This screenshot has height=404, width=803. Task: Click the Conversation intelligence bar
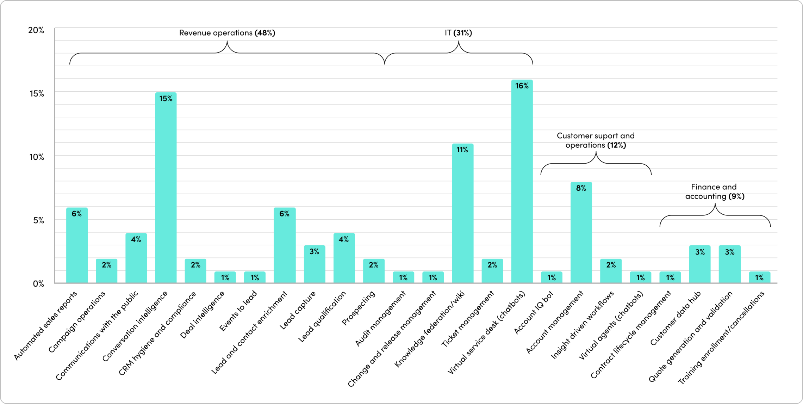pyautogui.click(x=166, y=190)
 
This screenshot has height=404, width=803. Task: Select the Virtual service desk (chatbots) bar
pyautogui.click(x=522, y=183)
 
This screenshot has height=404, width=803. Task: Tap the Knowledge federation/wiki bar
pyautogui.click(x=462, y=215)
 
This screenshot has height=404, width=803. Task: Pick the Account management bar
pyautogui.click(x=581, y=234)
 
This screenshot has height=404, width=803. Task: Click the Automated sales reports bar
pyautogui.click(x=77, y=247)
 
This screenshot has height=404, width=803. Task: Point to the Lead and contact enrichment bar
pyautogui.click(x=285, y=247)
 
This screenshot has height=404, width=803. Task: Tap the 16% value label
pyautogui.click(x=522, y=86)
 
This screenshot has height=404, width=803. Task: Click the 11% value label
pyautogui.click(x=462, y=150)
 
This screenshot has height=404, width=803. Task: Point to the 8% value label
pyautogui.click(x=581, y=188)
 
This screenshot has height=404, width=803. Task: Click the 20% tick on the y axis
pyautogui.click(x=36, y=30)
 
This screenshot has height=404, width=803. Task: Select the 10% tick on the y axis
pyautogui.click(x=36, y=157)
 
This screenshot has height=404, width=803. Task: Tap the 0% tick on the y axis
pyautogui.click(x=38, y=284)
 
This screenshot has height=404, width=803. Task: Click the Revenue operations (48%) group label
pyautogui.click(x=227, y=33)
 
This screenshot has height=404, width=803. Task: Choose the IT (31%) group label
pyautogui.click(x=458, y=33)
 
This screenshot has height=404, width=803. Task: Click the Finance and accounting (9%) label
pyautogui.click(x=715, y=191)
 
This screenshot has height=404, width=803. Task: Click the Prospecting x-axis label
pyautogui.click(x=359, y=308)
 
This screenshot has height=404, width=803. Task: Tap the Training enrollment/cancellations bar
pyautogui.click(x=759, y=277)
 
